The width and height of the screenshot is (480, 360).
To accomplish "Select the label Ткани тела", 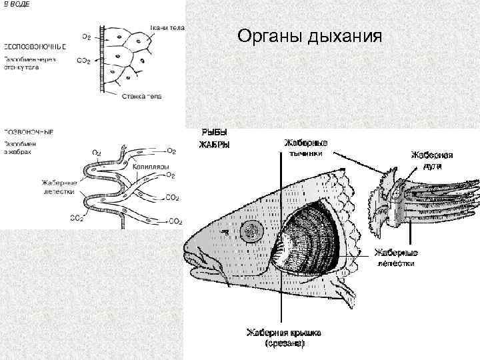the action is click(x=167, y=27).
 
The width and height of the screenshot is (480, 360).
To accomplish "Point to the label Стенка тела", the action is click(x=142, y=97).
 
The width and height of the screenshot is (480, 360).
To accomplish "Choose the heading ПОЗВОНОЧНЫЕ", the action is click(x=29, y=131).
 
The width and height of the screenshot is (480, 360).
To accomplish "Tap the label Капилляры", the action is click(x=151, y=166).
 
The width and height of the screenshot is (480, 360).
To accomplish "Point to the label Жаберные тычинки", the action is click(x=306, y=147).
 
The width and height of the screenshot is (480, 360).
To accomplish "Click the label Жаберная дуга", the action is click(x=431, y=159).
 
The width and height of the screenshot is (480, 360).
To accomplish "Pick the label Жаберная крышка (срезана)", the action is click(x=285, y=337).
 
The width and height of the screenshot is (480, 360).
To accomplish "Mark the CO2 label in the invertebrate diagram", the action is click(x=84, y=61).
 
